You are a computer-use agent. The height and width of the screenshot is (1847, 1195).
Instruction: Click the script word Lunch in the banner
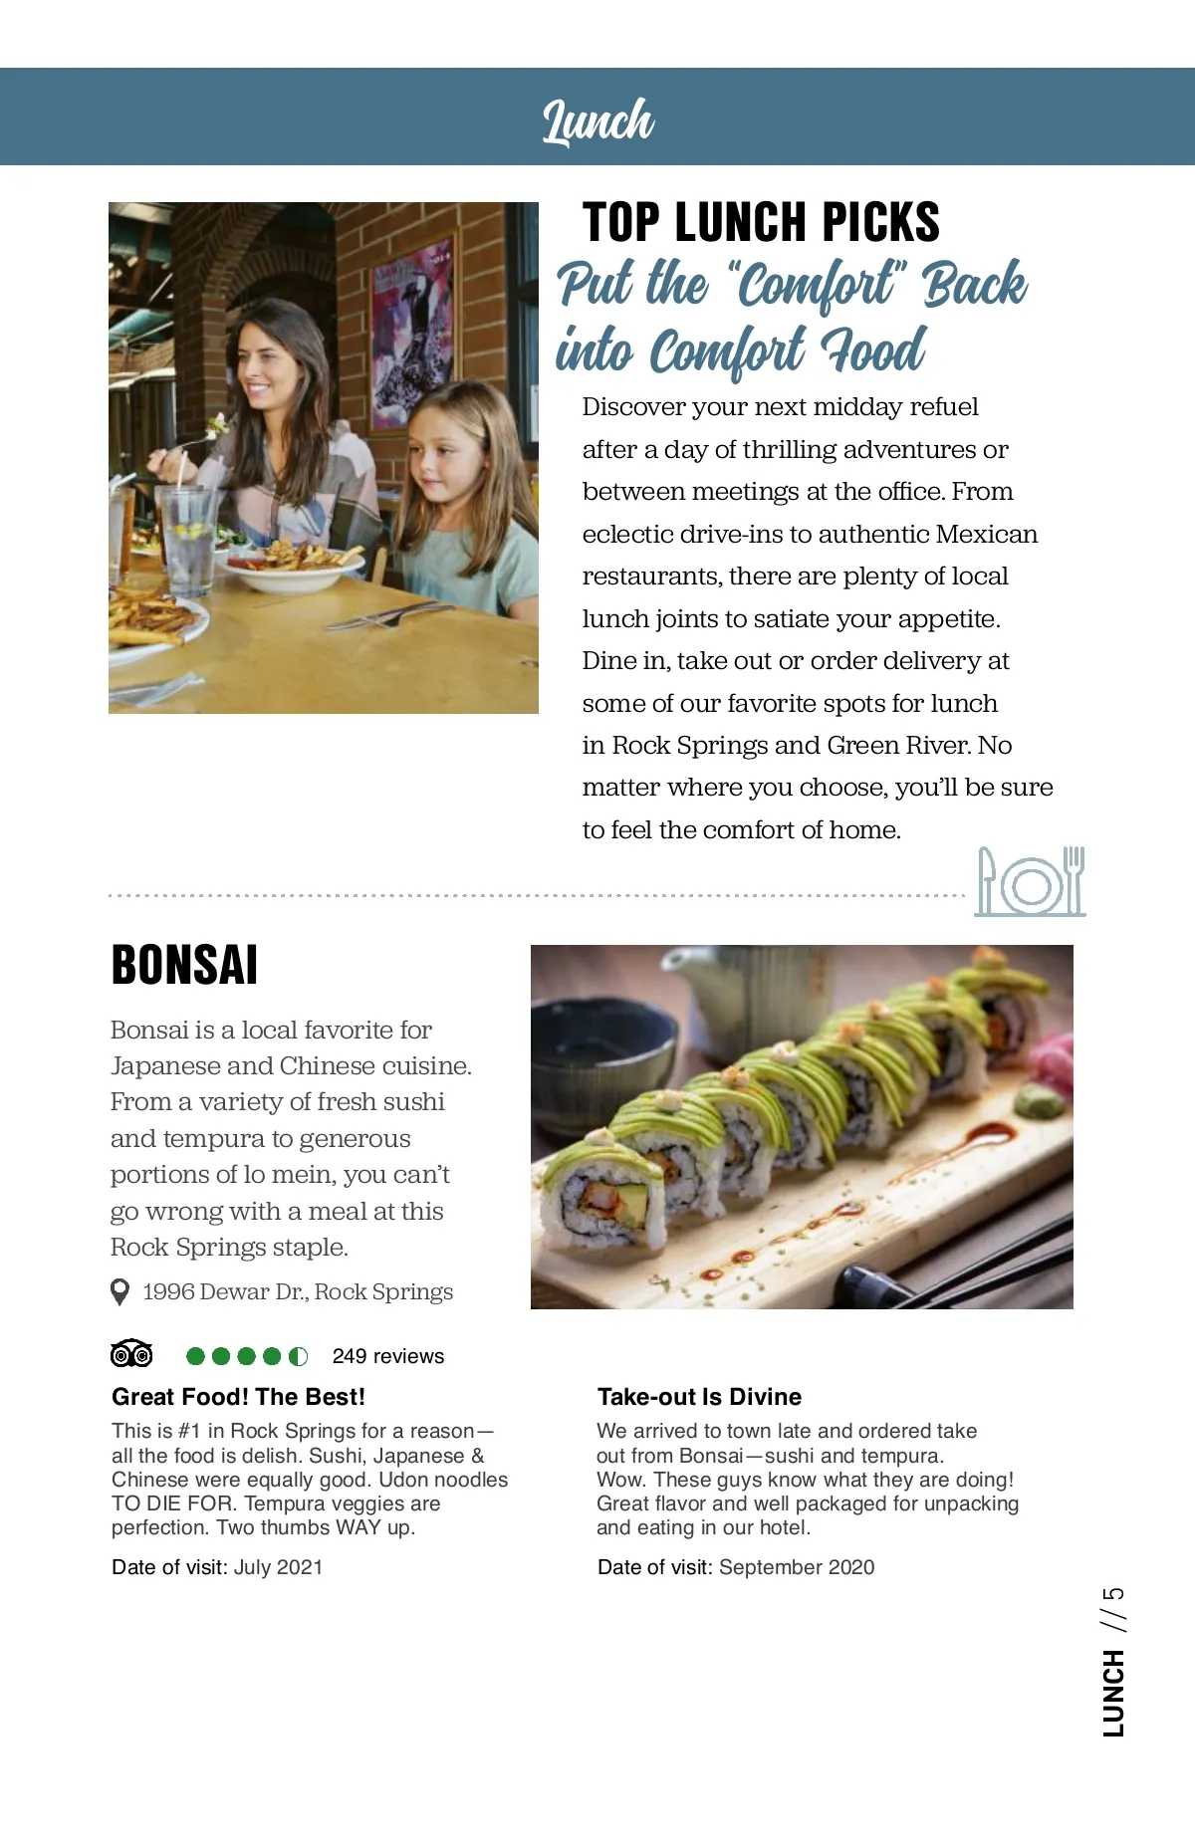pos(597,120)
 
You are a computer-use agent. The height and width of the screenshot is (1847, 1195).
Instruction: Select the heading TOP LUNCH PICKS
pos(761,222)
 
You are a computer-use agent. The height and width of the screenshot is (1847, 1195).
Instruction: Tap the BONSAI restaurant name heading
pos(184,965)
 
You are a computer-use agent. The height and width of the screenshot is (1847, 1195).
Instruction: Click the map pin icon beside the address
pos(119,1292)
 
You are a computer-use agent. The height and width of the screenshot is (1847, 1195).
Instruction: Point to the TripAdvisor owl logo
pos(131,1354)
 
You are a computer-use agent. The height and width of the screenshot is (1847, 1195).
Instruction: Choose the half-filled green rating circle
pos(298,1356)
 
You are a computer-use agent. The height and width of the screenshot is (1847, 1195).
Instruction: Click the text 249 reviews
pos(388,1356)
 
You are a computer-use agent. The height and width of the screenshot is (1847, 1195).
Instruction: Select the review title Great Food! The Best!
pos(238,1397)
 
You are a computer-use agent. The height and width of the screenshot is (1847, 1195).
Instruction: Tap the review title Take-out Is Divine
pos(699,1397)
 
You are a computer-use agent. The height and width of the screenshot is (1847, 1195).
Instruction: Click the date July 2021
pos(278,1567)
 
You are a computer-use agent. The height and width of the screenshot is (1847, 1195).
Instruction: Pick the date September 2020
pos(796,1567)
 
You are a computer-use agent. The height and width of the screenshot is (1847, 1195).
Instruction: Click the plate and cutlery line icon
pos(1030,882)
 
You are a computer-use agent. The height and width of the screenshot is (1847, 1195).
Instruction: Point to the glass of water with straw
pos(187,538)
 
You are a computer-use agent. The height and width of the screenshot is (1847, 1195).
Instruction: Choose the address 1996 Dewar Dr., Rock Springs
pos(298,1292)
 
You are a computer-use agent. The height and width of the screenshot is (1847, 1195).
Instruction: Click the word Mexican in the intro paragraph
pos(986,535)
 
